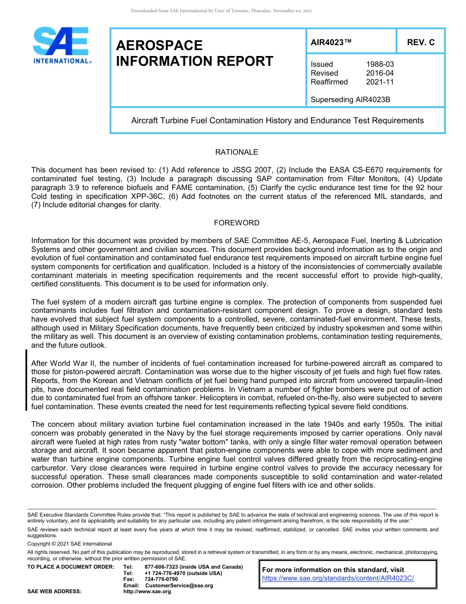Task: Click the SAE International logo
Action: [61, 45]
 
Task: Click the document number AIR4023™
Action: [331, 42]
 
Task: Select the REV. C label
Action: [420, 42]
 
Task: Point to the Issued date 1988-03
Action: [380, 64]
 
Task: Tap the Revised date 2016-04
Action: [380, 73]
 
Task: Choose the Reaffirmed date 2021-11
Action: [380, 82]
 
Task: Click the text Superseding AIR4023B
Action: [350, 100]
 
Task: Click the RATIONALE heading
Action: [236, 152]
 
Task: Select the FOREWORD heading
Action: [236, 223]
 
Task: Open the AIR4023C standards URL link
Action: [338, 578]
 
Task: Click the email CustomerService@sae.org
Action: [179, 585]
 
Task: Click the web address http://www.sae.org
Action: [147, 591]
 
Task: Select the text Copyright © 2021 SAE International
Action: [70, 544]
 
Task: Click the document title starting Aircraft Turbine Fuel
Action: [277, 120]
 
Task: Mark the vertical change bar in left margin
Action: [26, 379]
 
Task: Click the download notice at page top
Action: [221, 11]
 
